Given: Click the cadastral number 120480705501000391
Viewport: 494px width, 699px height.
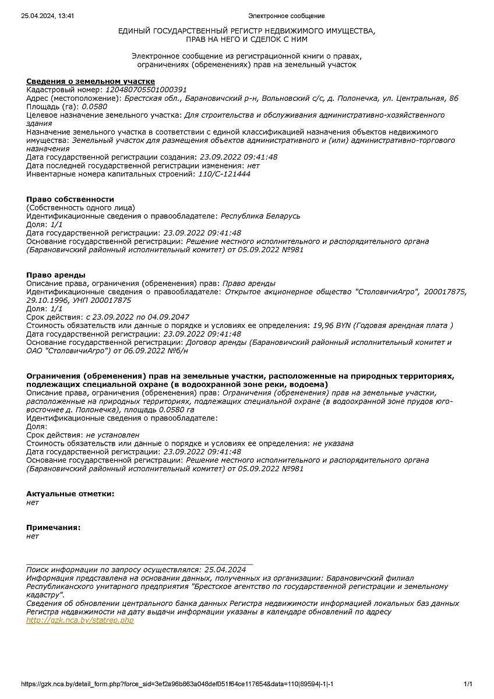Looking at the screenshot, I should [x=146, y=90].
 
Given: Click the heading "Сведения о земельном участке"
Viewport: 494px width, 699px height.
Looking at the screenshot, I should [x=90, y=81].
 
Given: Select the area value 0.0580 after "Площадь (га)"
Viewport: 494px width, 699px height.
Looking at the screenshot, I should [x=94, y=107].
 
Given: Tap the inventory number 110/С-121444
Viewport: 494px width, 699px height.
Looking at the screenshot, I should [x=224, y=174].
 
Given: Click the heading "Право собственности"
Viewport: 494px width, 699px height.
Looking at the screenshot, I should [x=70, y=199].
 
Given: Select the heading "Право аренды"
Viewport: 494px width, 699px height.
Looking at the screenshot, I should [x=56, y=275].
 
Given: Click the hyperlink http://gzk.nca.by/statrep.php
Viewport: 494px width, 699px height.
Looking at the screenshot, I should [x=80, y=620].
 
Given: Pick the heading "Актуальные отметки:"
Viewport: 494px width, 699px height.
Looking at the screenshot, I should [x=70, y=494].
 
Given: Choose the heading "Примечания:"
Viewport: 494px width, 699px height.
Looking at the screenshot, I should [x=53, y=527].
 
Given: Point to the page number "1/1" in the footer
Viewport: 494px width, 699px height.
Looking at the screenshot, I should [x=468, y=684].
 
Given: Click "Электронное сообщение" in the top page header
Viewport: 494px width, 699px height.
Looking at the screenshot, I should [x=286, y=16].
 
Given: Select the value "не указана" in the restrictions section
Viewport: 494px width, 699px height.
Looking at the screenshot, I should [x=333, y=443].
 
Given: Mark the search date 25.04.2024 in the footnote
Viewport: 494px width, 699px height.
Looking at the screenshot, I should [x=224, y=570].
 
